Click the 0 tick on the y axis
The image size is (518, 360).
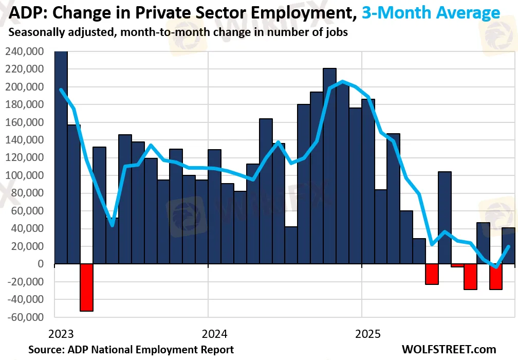48,264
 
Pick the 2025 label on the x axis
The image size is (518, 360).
368,334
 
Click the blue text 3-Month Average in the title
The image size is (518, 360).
431,12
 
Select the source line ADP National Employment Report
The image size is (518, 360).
131,350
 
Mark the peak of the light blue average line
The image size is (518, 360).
343,81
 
